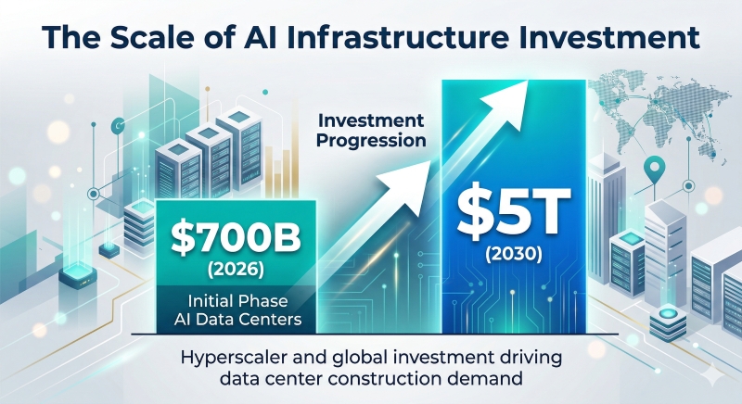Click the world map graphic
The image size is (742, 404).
668,102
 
